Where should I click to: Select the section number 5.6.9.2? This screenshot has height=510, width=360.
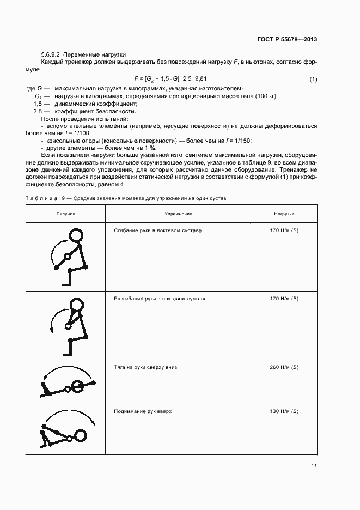[52, 55]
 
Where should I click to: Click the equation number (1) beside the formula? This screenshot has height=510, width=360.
[313, 80]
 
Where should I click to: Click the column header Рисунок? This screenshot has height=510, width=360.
[66, 214]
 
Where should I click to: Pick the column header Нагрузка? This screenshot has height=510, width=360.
[284, 214]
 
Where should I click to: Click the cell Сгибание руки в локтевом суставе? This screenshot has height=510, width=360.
[158, 231]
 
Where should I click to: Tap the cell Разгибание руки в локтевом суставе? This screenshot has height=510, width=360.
[160, 299]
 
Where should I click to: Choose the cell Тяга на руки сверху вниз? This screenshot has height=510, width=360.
[145, 367]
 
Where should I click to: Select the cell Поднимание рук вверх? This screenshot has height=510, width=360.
[143, 411]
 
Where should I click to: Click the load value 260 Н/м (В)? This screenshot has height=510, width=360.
[284, 367]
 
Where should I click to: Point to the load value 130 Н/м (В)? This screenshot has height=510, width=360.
[284, 411]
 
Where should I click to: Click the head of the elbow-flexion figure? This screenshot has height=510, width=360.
[75, 235]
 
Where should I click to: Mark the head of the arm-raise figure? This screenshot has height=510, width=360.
[81, 435]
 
